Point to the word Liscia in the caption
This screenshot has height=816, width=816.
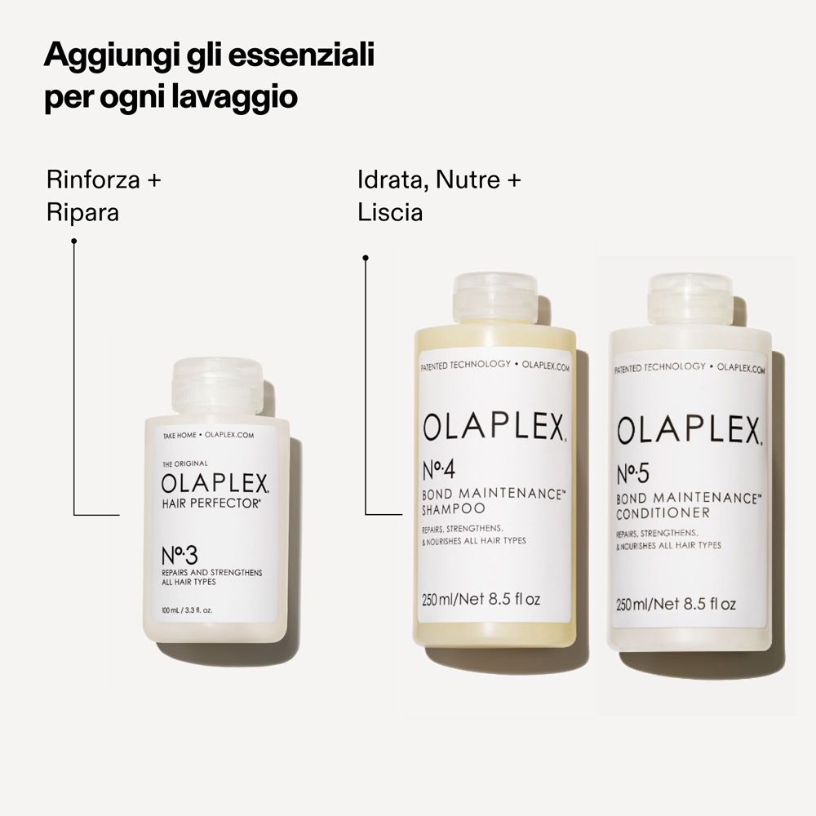[390, 213]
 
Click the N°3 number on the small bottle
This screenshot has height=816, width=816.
[180, 558]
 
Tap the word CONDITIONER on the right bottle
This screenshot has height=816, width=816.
[663, 512]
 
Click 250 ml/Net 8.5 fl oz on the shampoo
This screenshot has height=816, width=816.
[481, 600]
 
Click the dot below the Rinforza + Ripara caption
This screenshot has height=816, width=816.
[74, 241]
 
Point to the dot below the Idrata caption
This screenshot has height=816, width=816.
[366, 258]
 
